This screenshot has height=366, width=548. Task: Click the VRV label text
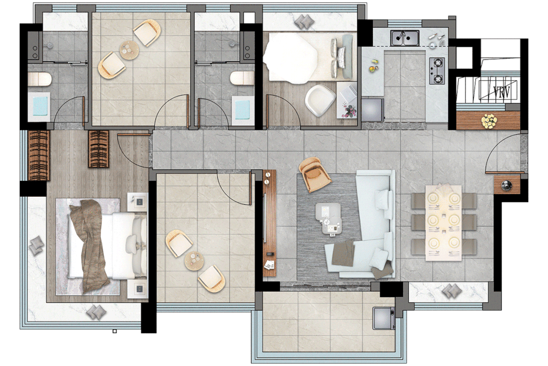point(501,91)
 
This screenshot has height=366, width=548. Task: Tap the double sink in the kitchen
point(405,38)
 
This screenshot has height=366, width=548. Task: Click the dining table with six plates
point(443,223)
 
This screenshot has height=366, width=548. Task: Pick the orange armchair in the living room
point(314,174)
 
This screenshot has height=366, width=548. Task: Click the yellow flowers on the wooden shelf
point(489,120)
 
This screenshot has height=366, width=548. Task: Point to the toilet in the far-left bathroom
point(39,79)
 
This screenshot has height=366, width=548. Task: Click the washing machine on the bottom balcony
point(384,318)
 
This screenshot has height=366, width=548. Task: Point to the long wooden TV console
point(270,223)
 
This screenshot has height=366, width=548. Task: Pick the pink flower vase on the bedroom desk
point(349,111)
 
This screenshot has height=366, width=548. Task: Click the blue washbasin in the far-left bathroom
point(39,106)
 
